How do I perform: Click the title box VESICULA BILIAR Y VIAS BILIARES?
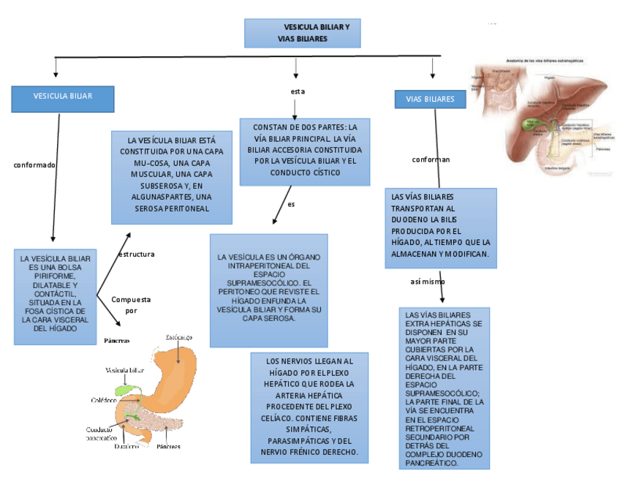[x=301, y=33]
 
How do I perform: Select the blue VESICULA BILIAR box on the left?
[x=63, y=98]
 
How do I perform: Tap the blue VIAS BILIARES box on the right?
[x=430, y=99]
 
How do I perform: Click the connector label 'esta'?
[x=298, y=91]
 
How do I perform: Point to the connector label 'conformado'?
[x=34, y=165]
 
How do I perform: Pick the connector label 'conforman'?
[x=431, y=159]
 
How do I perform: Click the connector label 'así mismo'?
[x=428, y=282]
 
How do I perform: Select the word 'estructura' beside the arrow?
[x=136, y=254]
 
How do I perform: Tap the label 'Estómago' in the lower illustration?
[x=179, y=337]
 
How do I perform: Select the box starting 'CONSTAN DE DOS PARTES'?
[x=305, y=151]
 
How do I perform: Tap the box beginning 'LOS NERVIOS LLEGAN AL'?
[x=309, y=407]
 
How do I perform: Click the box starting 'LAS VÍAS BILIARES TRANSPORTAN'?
[x=441, y=227]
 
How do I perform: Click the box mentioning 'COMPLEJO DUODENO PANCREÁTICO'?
[x=445, y=388]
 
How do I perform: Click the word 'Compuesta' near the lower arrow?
[x=131, y=300]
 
